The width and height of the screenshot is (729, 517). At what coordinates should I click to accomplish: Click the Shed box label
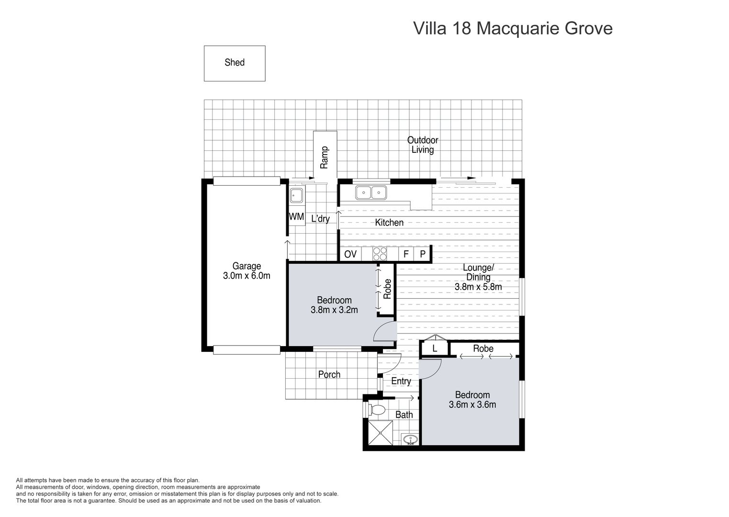(235, 63)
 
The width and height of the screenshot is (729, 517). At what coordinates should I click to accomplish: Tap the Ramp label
(325, 157)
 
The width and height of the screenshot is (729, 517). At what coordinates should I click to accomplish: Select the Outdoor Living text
(423, 145)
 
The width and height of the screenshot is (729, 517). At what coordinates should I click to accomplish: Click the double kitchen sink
(371, 193)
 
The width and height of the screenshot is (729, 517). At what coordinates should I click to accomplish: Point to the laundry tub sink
(296, 195)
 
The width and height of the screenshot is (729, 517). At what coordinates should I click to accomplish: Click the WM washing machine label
(296, 217)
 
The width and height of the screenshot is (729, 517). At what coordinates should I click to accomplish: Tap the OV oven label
(350, 254)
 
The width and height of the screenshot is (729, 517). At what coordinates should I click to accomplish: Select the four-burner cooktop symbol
(380, 254)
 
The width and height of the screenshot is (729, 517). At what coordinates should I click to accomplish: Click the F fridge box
(406, 254)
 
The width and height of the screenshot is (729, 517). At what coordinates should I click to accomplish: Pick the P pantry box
(423, 254)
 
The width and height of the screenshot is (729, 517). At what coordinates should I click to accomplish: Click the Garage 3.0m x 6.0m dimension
(247, 276)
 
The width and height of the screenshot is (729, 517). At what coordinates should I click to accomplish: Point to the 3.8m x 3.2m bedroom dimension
(334, 310)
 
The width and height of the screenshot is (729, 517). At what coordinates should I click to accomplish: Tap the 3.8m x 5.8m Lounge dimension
(478, 287)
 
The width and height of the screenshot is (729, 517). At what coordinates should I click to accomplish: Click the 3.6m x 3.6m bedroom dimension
(472, 405)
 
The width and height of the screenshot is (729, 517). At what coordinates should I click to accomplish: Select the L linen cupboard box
(435, 348)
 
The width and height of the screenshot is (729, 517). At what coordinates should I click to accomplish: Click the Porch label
(329, 374)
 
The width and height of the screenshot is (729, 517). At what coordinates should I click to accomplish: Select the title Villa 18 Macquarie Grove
(513, 28)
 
